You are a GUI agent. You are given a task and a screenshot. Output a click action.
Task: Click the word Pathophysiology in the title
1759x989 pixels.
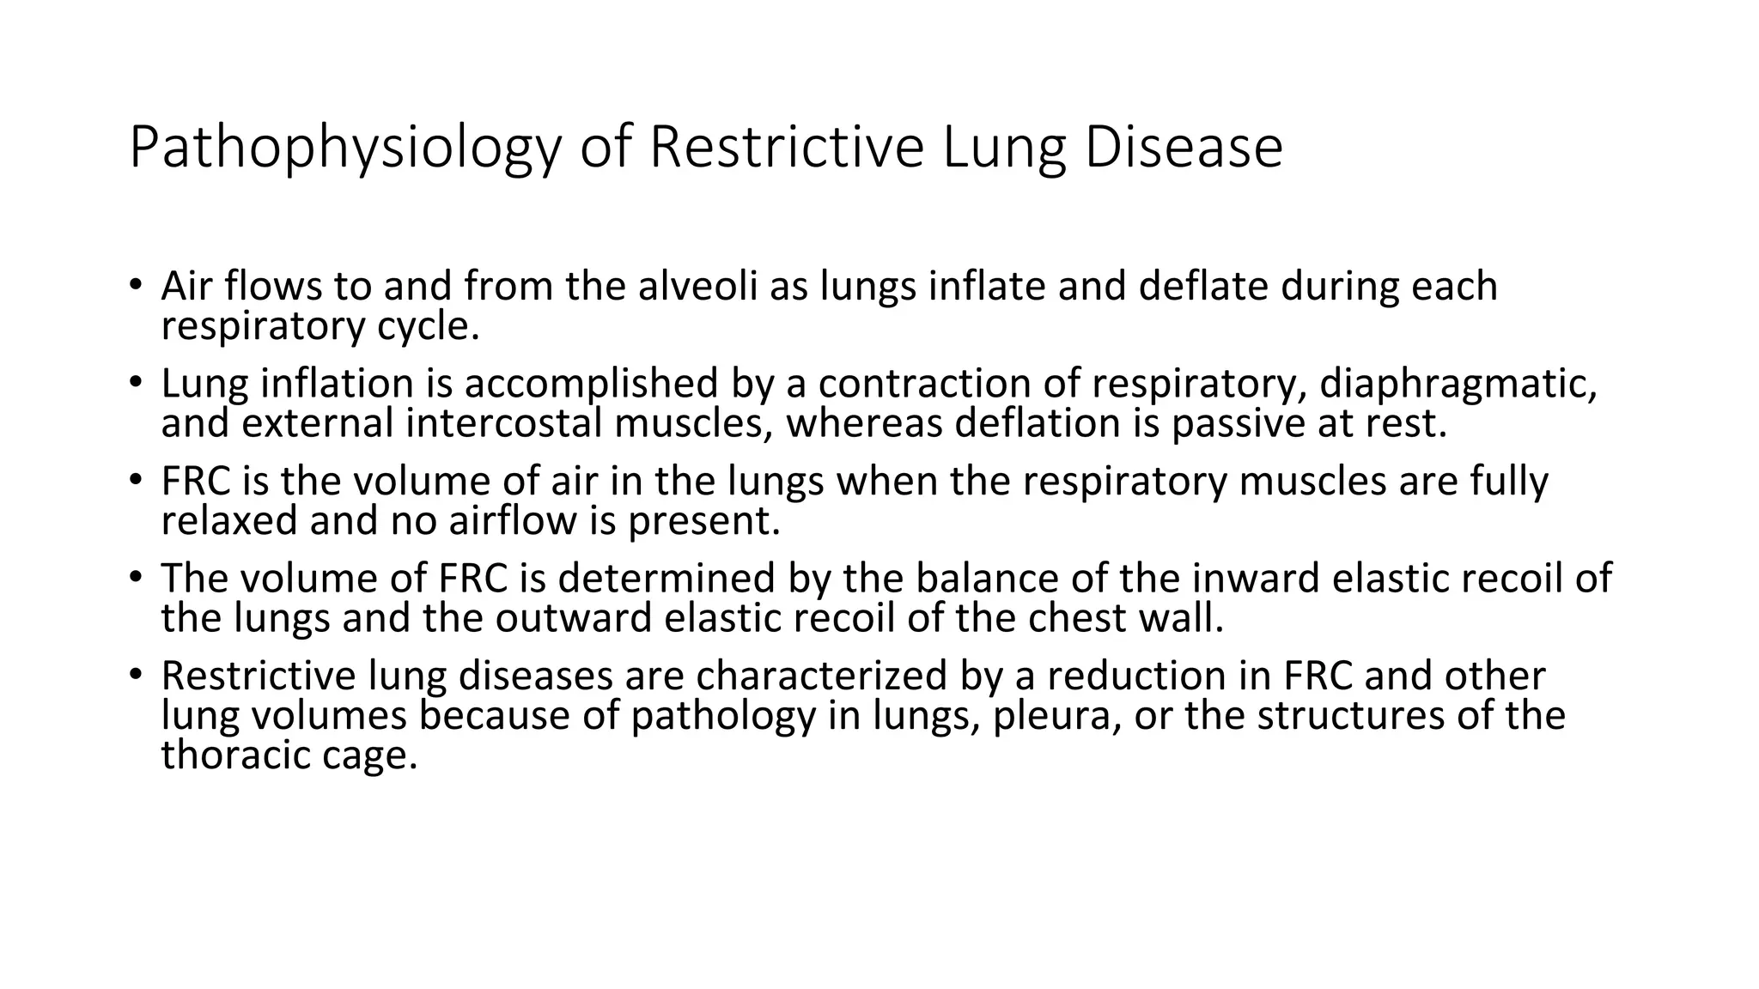coord(344,148)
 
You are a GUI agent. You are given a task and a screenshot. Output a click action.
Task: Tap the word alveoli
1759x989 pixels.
coord(697,287)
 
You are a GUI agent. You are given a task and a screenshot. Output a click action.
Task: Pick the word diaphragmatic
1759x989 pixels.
coord(1458,385)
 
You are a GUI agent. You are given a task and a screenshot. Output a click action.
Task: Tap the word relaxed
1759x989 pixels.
coord(229,520)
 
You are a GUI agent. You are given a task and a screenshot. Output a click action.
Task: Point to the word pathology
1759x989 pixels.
coord(722,716)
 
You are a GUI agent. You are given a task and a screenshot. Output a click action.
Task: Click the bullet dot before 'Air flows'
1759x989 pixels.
coord(136,284)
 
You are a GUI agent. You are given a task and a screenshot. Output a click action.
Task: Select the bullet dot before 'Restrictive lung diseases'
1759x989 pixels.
coord(136,674)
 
